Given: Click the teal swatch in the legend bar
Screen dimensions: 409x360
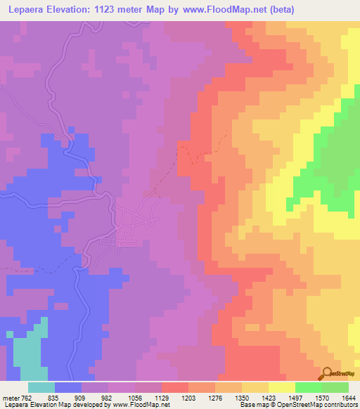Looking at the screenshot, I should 41,387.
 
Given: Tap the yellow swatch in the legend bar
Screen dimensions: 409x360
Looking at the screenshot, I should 281,387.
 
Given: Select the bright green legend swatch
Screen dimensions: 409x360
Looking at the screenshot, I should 308,387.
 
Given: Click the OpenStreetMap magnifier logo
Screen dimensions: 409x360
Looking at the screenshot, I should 328,372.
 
